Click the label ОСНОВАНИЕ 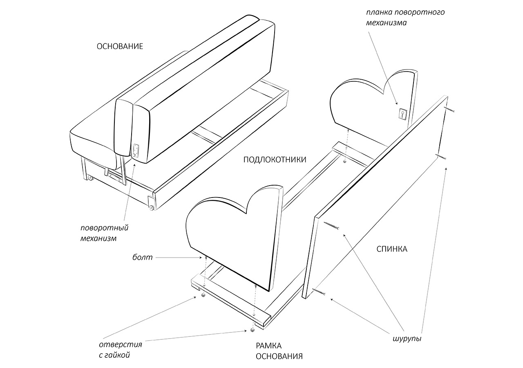[120, 46]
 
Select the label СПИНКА [392, 249]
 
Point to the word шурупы [407, 339]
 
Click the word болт [142, 258]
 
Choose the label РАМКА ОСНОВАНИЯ [279, 351]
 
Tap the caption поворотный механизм [105, 233]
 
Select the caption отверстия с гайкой [120, 350]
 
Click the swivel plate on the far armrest [402, 114]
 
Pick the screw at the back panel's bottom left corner [319, 292]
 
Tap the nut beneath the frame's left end [203, 294]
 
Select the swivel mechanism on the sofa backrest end [136, 150]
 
